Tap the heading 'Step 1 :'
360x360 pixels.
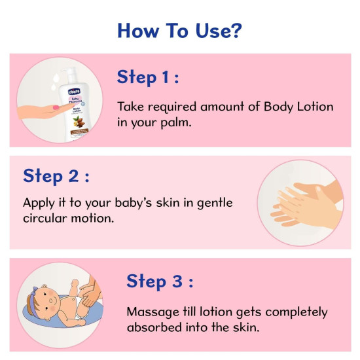(x=148, y=77)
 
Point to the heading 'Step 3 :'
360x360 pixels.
(x=159, y=281)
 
